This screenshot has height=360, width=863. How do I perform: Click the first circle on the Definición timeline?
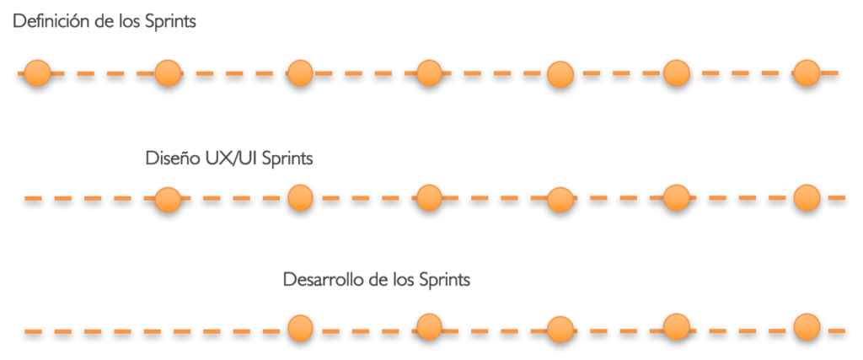click(37, 74)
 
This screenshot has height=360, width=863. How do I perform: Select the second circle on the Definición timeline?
click(168, 74)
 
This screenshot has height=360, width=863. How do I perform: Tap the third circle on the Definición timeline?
click(299, 73)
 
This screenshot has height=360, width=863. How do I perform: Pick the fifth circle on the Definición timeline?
click(560, 75)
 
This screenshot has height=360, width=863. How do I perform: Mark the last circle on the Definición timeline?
click(807, 73)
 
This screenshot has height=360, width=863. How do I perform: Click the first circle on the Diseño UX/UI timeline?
click(168, 199)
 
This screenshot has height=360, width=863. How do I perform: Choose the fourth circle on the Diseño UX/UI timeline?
click(560, 200)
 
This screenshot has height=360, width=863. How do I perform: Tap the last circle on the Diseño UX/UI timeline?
click(807, 197)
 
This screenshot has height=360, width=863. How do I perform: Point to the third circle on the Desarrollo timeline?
click(560, 329)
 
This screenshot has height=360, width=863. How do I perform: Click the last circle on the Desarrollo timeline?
click(807, 326)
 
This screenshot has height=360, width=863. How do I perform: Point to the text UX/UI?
click(230, 158)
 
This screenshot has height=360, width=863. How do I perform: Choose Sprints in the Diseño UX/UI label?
click(287, 159)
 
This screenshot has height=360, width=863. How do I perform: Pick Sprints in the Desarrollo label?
click(442, 280)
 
